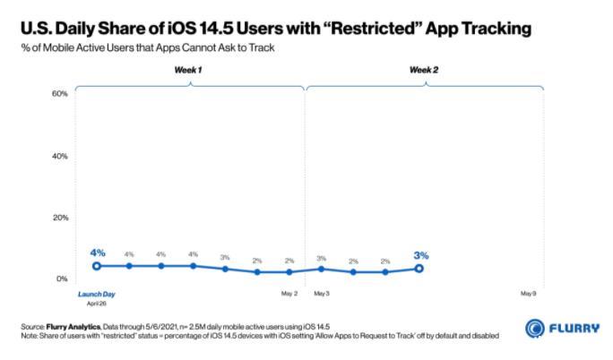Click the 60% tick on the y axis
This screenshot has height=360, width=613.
point(61,93)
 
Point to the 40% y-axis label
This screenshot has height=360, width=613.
point(61,156)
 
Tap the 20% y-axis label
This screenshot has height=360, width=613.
point(61,218)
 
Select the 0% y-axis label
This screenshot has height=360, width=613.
point(63,279)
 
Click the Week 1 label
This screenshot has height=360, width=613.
point(187,69)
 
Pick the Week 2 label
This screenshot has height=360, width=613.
point(423,69)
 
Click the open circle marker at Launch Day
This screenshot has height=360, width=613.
point(97,266)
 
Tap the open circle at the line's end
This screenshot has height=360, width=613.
point(419,269)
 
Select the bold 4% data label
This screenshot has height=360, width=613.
point(97,253)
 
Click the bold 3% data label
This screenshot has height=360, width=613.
point(421,255)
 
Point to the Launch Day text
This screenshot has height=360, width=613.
point(96,294)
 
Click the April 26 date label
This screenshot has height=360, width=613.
point(96,304)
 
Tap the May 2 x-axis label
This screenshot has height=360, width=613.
point(289,294)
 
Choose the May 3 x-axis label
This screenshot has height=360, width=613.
point(322,294)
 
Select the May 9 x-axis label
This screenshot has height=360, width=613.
point(529,294)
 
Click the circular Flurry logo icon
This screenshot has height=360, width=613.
point(535,328)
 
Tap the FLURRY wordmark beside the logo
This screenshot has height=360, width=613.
point(575,328)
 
